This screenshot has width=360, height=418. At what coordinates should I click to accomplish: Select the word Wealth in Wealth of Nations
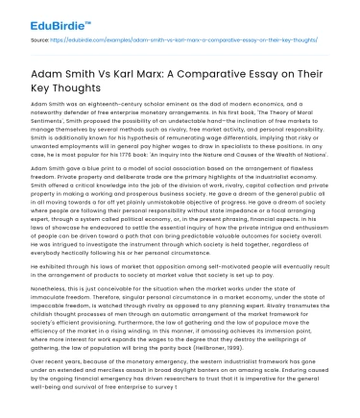point(275,169)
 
